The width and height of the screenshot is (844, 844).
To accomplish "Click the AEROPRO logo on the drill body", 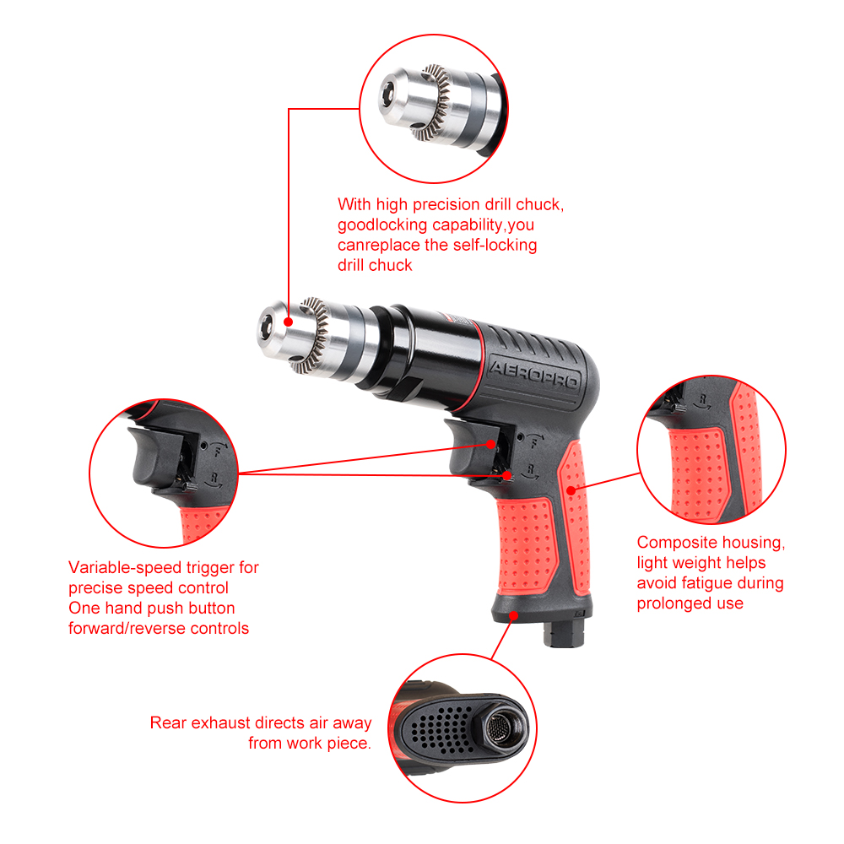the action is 534,375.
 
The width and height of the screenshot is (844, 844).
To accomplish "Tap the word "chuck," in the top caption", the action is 540,204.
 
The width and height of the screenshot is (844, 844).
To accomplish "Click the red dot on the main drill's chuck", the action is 289,322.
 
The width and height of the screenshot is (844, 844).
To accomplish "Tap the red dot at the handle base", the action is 514,615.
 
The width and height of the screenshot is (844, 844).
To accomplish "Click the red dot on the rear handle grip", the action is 571,490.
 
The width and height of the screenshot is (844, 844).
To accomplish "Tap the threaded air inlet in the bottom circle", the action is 500,728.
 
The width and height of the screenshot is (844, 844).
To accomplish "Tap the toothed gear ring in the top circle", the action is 434,103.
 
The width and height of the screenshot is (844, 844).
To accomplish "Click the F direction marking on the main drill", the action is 534,443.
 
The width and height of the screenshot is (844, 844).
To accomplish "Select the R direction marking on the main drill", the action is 531,469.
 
